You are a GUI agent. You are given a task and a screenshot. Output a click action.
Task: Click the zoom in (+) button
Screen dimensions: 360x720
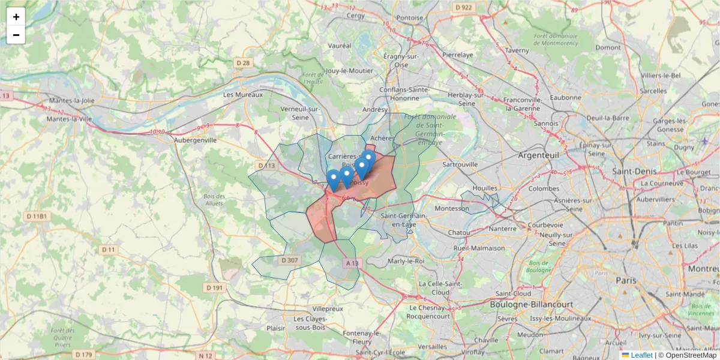[16, 17]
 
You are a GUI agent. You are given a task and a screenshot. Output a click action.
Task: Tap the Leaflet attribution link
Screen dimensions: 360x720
[641, 355]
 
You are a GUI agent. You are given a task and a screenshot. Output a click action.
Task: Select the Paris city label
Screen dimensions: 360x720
[626, 280]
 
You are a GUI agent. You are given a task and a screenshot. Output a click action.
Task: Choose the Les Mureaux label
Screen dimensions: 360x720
[243, 95]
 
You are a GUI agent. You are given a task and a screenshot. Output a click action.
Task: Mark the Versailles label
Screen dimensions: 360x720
[433, 347]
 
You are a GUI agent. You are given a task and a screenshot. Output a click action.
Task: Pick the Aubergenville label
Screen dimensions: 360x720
[195, 140]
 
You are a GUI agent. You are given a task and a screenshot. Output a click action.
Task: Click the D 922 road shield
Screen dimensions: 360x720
[463, 7]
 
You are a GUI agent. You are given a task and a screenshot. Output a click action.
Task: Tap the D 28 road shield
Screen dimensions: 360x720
[242, 62]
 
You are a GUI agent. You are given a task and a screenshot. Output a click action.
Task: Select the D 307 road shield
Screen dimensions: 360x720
[289, 260]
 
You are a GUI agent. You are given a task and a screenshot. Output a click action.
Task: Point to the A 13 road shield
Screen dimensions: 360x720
[352, 263]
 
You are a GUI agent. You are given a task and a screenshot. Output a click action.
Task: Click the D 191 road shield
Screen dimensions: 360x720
[214, 288]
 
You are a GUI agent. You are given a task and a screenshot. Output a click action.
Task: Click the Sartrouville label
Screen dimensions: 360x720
[460, 164]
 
